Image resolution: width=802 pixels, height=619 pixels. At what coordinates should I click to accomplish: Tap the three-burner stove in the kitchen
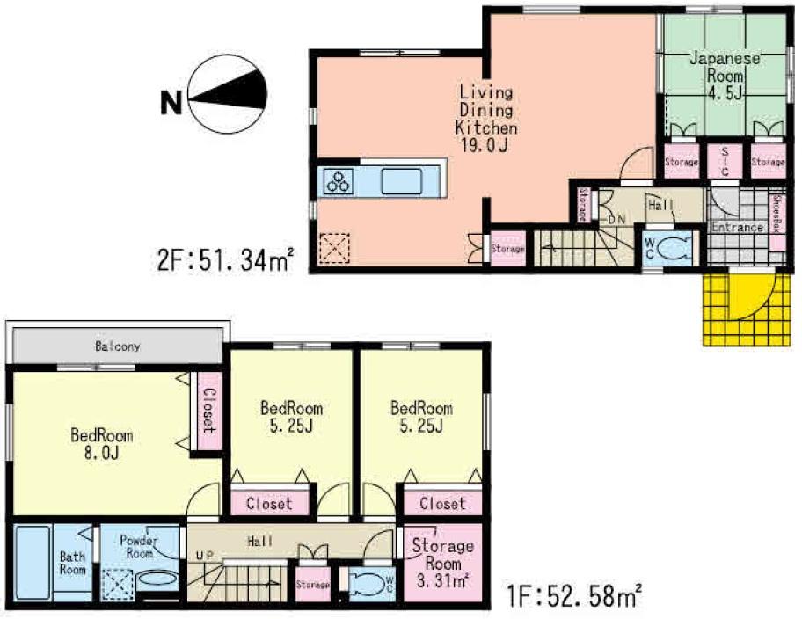(338, 181)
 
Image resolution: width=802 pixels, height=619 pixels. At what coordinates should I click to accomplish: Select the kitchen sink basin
(402, 181)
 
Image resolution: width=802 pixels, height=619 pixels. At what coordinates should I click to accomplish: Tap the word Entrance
(737, 228)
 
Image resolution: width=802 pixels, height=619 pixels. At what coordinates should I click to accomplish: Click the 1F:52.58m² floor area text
(575, 598)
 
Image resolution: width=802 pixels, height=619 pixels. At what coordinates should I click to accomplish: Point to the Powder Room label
(137, 546)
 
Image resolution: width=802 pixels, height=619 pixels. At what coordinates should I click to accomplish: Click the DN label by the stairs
(616, 218)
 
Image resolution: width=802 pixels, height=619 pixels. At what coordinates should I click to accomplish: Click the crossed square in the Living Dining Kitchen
(334, 247)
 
